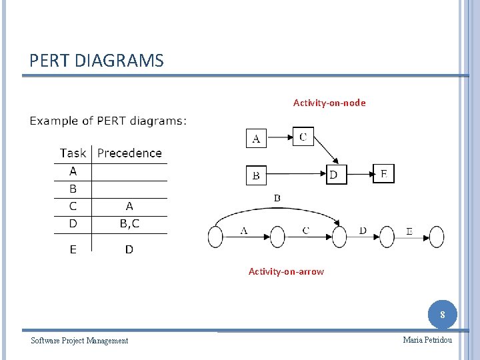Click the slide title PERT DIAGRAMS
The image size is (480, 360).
click(96, 61)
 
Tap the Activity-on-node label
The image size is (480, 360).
click(329, 103)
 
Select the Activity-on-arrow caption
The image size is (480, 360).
click(286, 271)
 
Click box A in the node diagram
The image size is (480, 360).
click(256, 139)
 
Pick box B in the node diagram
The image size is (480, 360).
click(256, 175)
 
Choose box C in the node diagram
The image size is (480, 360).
click(303, 137)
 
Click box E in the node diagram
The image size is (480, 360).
click(383, 174)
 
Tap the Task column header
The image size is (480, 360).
click(73, 153)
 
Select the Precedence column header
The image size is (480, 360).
click(129, 153)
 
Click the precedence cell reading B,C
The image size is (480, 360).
click(129, 223)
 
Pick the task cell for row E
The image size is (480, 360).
click(73, 249)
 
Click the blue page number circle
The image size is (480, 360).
click(443, 314)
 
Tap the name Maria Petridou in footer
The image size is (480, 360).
click(427, 340)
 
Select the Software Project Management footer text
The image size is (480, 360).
click(79, 341)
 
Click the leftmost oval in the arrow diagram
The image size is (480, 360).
click(215, 237)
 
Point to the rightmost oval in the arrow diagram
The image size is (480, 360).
click(436, 237)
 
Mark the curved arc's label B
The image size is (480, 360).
click(277, 198)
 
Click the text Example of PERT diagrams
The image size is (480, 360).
click(108, 121)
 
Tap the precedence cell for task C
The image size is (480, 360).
click(129, 206)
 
